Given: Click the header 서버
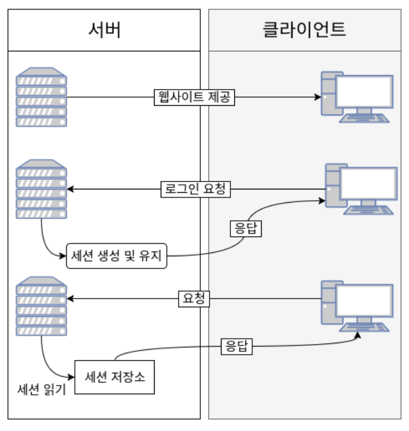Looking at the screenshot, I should (x=104, y=30).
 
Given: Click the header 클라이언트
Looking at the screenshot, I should (x=305, y=30).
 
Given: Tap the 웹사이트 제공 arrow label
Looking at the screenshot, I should (x=193, y=97).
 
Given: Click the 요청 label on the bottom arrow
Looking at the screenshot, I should (x=194, y=298).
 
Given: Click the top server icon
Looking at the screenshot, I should (x=42, y=98).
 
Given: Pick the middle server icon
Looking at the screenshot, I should (x=42, y=189).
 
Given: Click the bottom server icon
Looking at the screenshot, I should (x=42, y=305).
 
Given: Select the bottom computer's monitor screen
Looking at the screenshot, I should (x=363, y=299).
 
